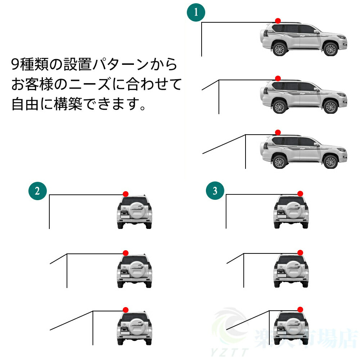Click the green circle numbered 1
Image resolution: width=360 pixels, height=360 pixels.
pos(196,13)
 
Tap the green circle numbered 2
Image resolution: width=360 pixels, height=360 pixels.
pos(37,191)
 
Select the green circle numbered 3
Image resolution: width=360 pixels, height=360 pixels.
pos(215,191)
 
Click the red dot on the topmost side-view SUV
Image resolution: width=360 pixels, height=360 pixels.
pos(278,21)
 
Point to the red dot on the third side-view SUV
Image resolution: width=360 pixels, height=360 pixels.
pos(278,132)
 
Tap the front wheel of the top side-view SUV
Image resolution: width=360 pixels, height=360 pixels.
pos(330,49)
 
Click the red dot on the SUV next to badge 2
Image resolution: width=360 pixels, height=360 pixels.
pos(125,194)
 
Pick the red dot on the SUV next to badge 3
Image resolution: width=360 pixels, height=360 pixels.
pos(300,194)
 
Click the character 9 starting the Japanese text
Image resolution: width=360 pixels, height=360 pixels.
pos(15,65)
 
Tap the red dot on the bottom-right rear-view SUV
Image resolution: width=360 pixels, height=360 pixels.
pos(300,309)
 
